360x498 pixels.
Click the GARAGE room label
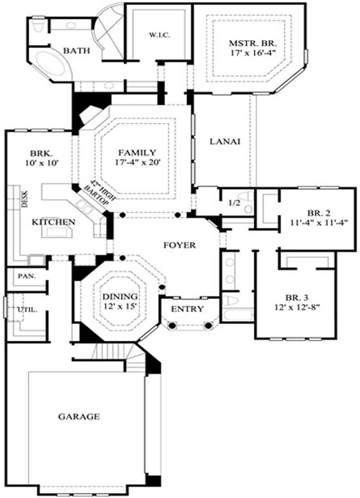coord(79,417)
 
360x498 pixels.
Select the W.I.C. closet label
coord(159,35)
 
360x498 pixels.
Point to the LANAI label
coord(225,141)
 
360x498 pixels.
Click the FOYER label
coord(180,245)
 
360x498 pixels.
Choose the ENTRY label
coord(188,309)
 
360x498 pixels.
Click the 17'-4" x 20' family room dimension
coord(137,163)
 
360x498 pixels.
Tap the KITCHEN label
coord(53,222)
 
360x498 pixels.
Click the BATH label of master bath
coord(76,51)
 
